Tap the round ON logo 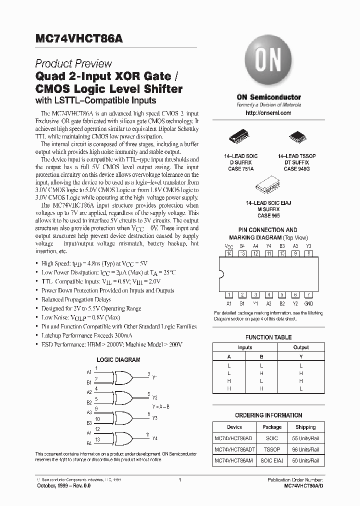pyautogui.click(x=268, y=61)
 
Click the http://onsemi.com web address pyautogui.click(x=268, y=113)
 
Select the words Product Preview pyautogui.click(x=73, y=64)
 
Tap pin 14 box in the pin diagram pyautogui.click(x=229, y=253)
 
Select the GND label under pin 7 pyautogui.click(x=308, y=303)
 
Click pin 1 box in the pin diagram pyautogui.click(x=229, y=295)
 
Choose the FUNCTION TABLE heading pyautogui.click(x=268, y=337)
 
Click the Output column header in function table pyautogui.click(x=301, y=347)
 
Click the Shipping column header pyautogui.click(x=305, y=427)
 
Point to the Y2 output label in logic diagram pyautogui.click(x=154, y=398)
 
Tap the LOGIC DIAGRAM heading pyautogui.click(x=118, y=359)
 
